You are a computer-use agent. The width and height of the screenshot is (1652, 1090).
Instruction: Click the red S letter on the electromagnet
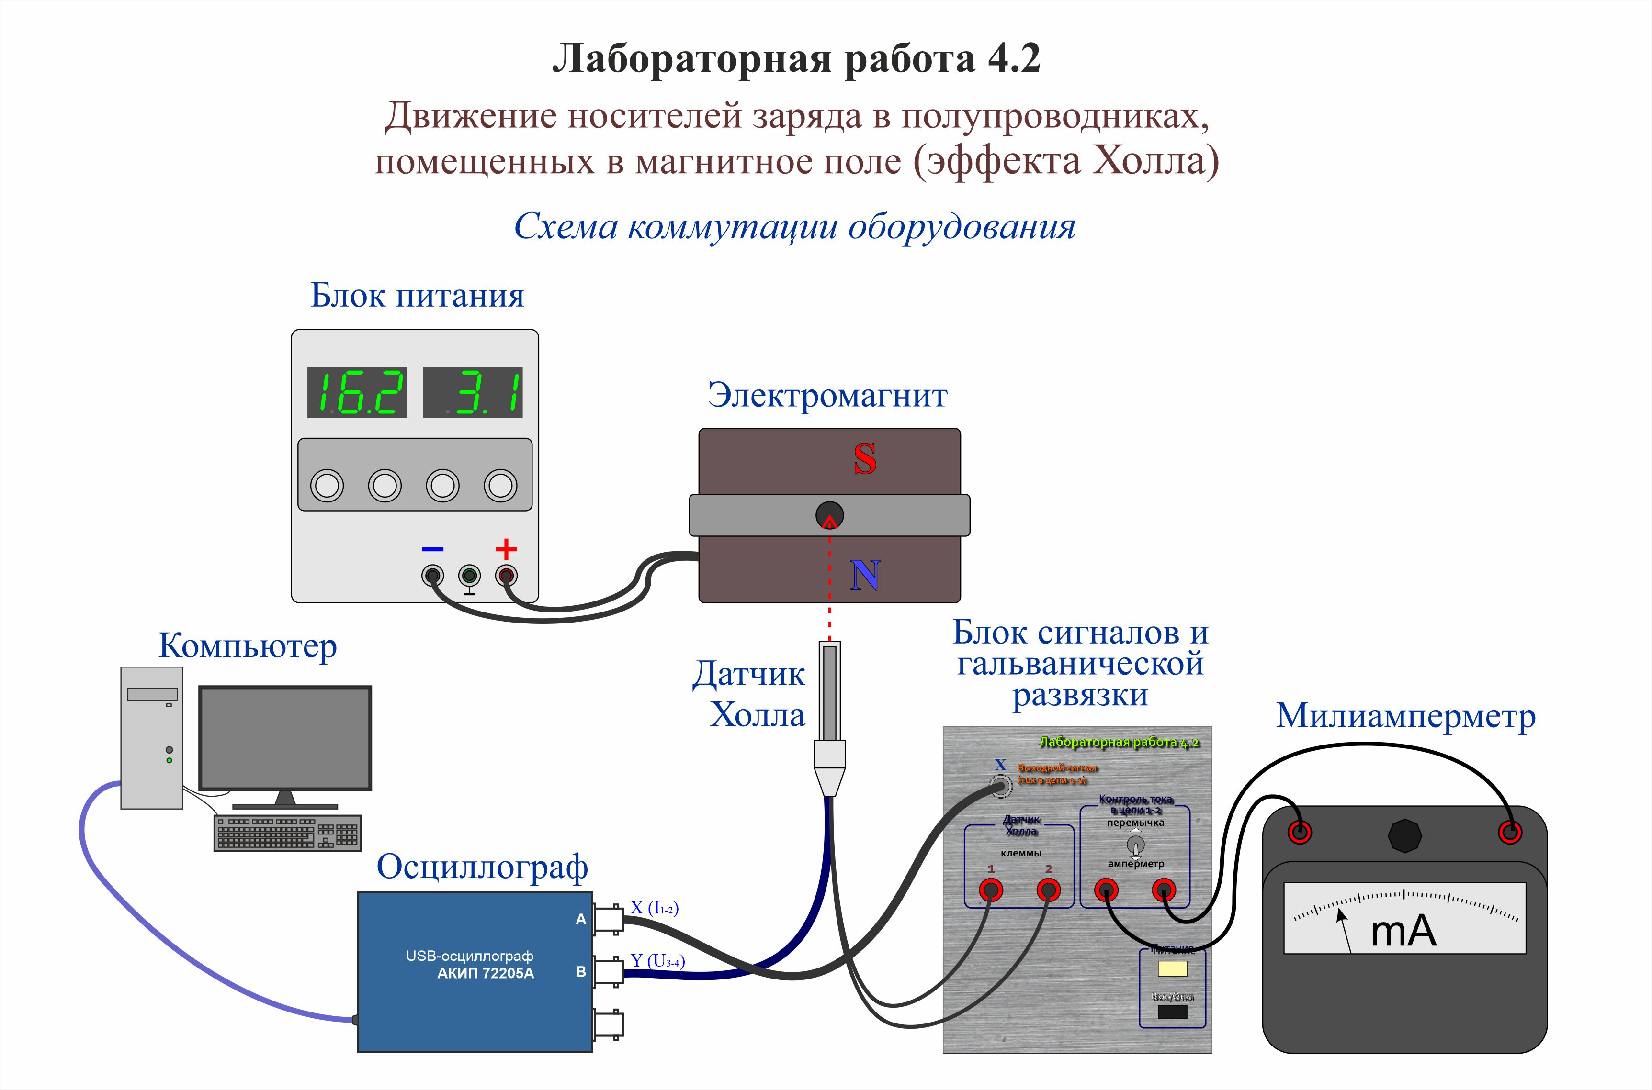click(865, 459)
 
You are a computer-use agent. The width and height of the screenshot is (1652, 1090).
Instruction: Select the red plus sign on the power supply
click(506, 549)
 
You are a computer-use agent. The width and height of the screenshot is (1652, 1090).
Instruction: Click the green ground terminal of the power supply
click(470, 576)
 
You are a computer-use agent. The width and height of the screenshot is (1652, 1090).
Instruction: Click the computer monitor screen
click(285, 737)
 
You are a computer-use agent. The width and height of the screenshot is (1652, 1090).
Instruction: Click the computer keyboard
click(287, 832)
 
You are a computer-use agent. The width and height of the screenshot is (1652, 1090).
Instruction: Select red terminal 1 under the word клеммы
click(991, 890)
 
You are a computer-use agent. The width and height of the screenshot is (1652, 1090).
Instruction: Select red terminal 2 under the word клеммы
click(1048, 890)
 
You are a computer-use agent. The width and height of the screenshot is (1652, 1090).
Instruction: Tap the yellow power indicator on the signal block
click(1172, 968)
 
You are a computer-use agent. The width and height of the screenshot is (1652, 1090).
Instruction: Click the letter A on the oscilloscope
click(581, 919)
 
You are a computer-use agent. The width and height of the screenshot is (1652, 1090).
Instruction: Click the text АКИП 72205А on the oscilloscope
click(486, 973)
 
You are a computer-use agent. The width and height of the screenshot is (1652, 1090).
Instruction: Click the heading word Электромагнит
click(827, 396)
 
